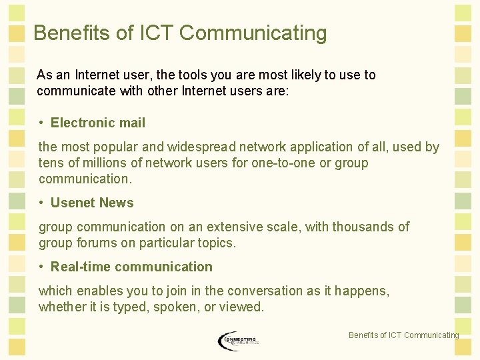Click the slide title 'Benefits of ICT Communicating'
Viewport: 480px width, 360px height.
point(180,33)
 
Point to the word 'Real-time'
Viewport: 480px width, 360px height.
point(80,267)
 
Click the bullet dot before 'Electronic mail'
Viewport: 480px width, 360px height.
point(41,123)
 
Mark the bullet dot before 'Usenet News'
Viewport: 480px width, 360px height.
point(41,203)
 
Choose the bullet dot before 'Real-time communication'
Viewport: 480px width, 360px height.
point(41,267)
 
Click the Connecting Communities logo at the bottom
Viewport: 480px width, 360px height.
point(238,341)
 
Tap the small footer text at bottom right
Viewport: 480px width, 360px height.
point(403,335)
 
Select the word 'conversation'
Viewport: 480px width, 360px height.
point(264,291)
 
